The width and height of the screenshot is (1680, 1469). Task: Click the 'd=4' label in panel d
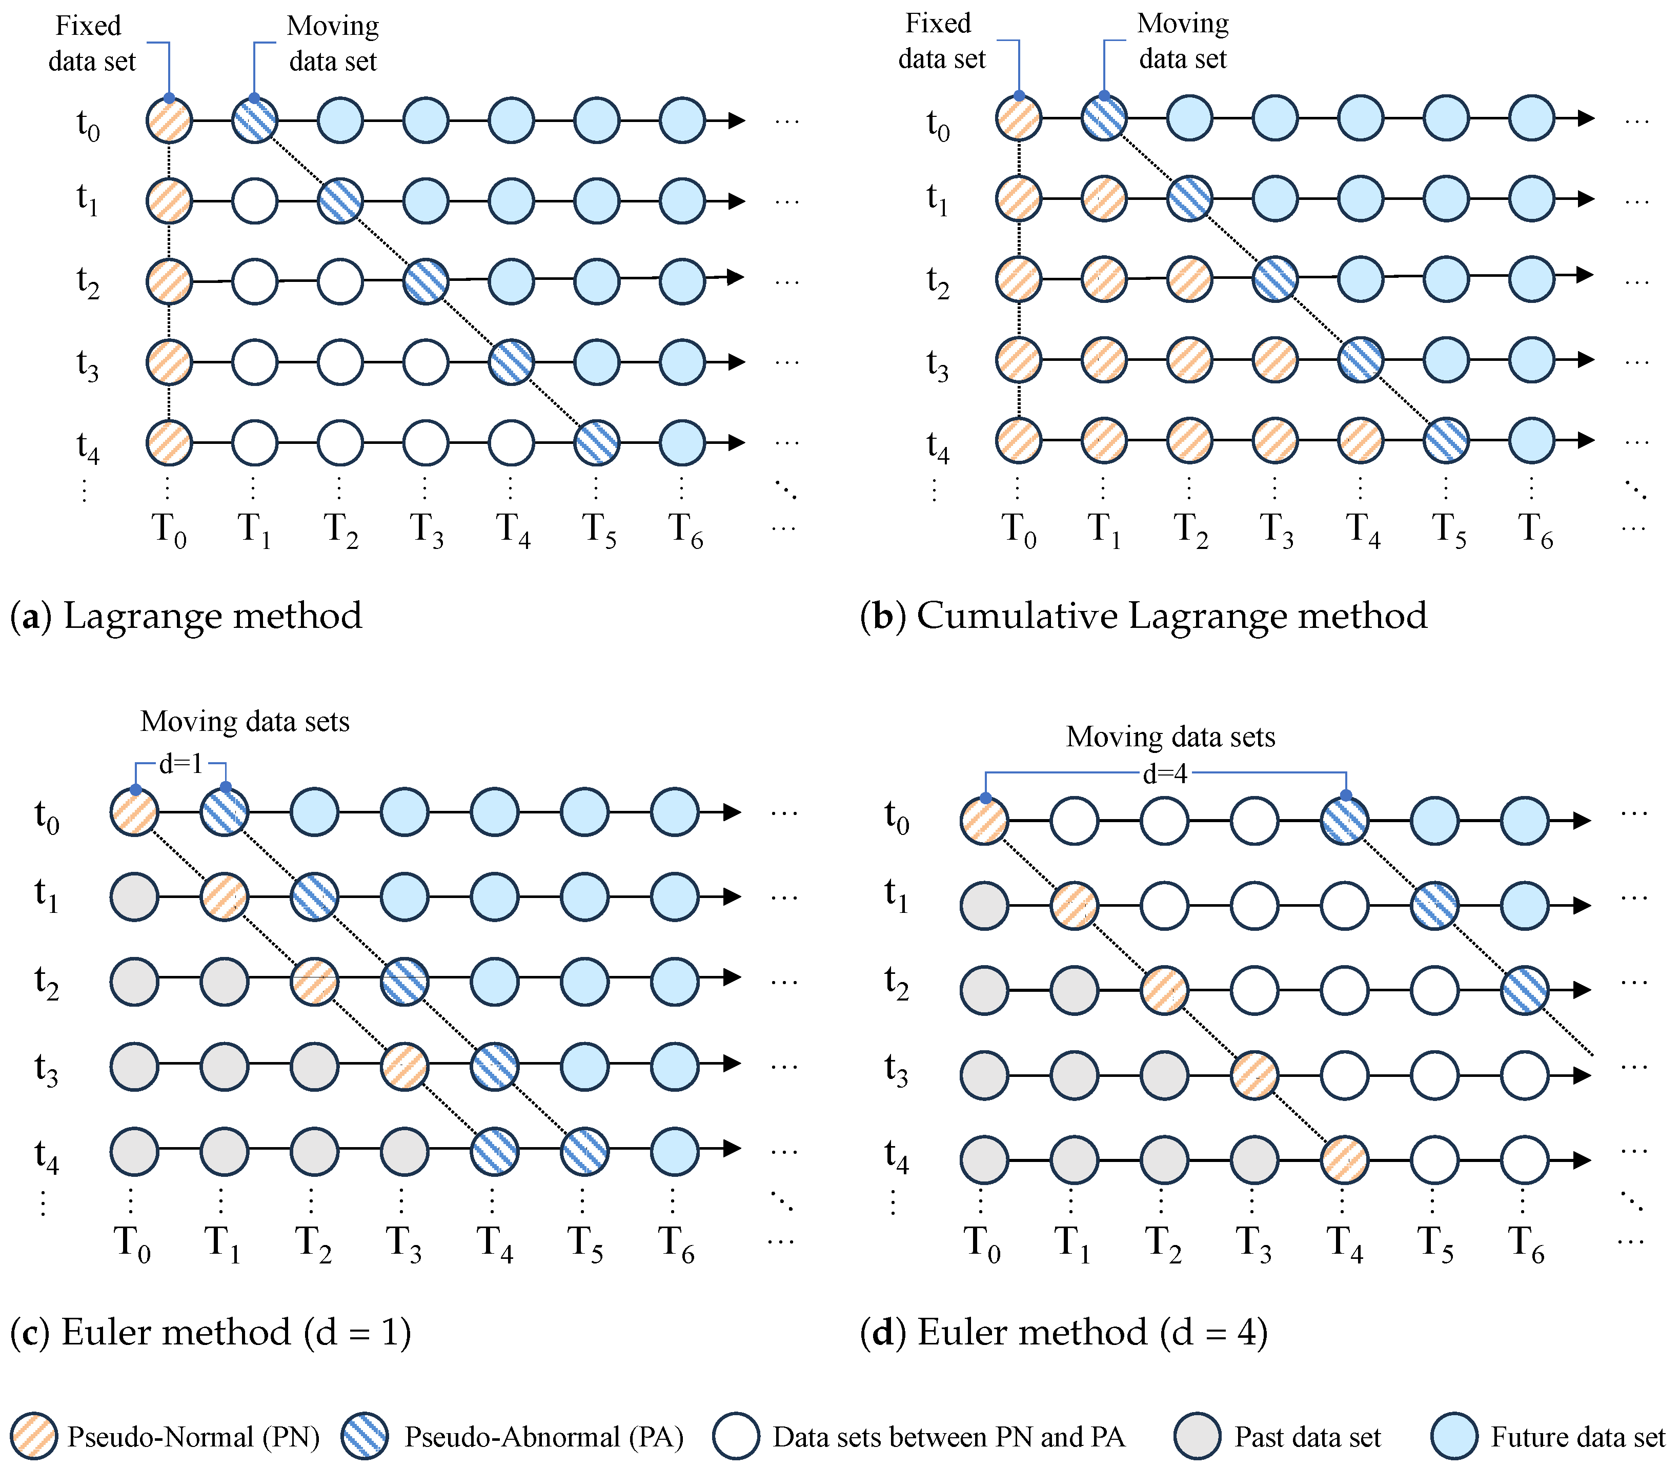[x=1165, y=773]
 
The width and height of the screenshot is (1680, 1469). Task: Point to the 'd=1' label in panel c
[x=180, y=764]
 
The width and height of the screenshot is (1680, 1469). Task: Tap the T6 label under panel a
[x=685, y=529]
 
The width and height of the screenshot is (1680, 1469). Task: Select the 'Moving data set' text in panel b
[x=1182, y=41]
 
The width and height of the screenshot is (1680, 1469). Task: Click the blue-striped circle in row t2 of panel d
[x=1524, y=989]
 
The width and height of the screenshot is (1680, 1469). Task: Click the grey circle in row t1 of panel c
[x=134, y=897]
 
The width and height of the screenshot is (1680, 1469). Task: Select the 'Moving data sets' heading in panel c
[x=245, y=721]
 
